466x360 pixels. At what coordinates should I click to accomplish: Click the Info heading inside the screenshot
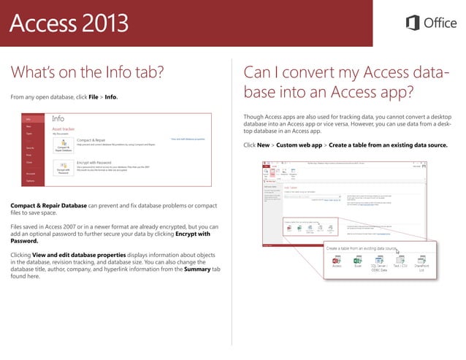pos(58,118)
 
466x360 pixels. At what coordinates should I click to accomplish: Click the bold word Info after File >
pos(111,96)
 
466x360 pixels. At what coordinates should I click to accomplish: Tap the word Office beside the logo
pos(440,23)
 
